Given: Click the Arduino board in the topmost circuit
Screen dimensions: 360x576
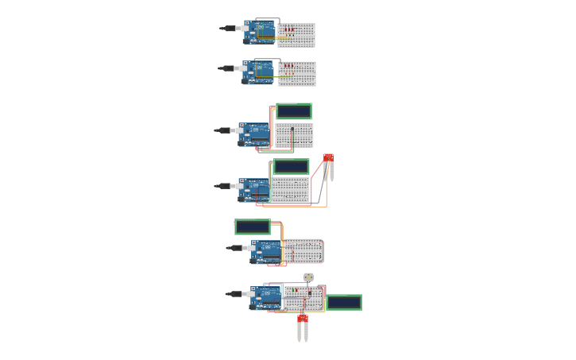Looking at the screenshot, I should click(260, 32).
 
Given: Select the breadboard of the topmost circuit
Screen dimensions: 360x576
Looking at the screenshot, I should click(296, 34).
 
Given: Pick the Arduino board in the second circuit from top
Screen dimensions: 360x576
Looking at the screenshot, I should click(259, 72).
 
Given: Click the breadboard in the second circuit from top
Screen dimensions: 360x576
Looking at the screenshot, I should click(297, 73).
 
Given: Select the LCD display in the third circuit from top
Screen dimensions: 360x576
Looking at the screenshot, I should click(293, 111).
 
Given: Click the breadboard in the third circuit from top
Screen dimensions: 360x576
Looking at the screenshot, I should click(294, 135).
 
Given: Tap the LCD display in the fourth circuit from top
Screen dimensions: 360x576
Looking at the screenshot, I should click(291, 167).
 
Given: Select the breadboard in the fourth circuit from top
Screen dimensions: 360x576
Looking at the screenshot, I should click(290, 190).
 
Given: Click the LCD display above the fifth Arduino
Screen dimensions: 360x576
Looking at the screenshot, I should click(253, 227).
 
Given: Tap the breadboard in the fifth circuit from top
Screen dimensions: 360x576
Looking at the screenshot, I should click(303, 251).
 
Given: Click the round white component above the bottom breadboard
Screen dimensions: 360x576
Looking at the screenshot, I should click(308, 277).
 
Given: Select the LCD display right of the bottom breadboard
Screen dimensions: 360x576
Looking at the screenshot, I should click(344, 303).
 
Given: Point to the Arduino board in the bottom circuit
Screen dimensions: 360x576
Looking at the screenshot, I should click(267, 296).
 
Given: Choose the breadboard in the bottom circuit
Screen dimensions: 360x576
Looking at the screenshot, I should click(303, 299).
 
